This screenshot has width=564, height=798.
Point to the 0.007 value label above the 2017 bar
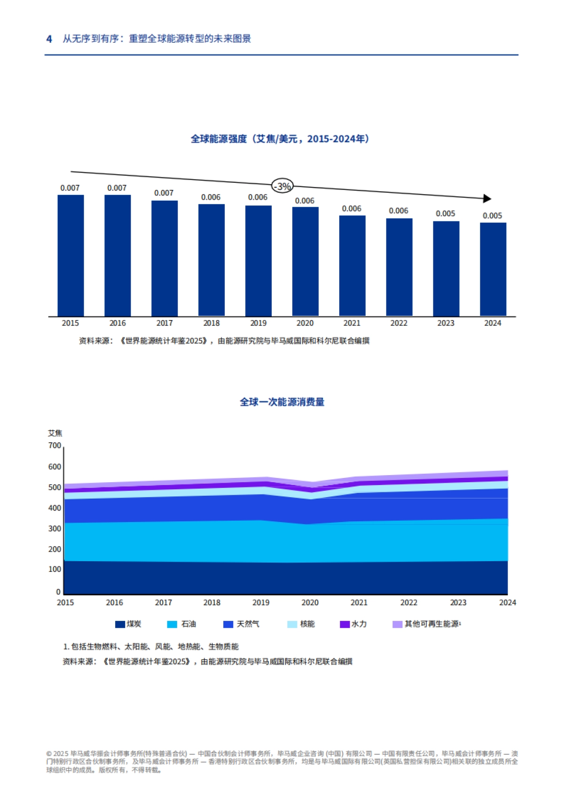pyautogui.click(x=164, y=193)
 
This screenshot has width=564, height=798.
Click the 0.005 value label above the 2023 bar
pyautogui.click(x=445, y=214)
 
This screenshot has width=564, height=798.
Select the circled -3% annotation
pyautogui.click(x=282, y=187)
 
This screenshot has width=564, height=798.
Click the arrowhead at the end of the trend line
pyautogui.click(x=487, y=199)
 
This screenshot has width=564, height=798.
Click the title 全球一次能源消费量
pyautogui.click(x=282, y=402)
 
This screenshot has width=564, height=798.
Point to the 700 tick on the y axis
pyautogui.click(x=55, y=446)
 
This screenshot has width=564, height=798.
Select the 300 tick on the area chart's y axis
pyautogui.click(x=55, y=529)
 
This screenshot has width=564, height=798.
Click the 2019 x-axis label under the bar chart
pyautogui.click(x=258, y=323)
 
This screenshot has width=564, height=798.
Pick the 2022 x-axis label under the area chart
pyautogui.click(x=408, y=602)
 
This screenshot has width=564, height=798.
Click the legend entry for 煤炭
pyautogui.click(x=128, y=624)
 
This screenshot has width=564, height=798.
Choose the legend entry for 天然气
pyautogui.click(x=242, y=624)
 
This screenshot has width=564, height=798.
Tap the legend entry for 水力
pyautogui.click(x=353, y=624)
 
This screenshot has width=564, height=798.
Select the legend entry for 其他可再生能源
pyautogui.click(x=427, y=624)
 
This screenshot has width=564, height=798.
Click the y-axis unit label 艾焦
pyautogui.click(x=55, y=433)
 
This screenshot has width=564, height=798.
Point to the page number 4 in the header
pyautogui.click(x=49, y=39)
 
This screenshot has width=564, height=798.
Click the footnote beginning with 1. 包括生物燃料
pyautogui.click(x=151, y=647)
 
